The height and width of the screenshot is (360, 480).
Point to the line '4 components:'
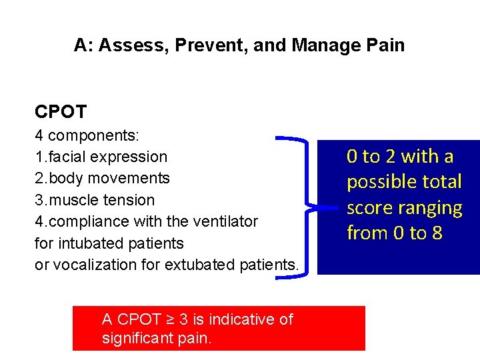pyautogui.click(x=87, y=135)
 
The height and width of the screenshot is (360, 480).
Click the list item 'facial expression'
pyautogui.click(x=107, y=157)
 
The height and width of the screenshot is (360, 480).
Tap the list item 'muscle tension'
pyautogui.click(x=100, y=200)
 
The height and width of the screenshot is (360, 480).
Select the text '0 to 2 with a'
pyautogui.click(x=399, y=157)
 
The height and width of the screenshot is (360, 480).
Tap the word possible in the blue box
pyautogui.click(x=379, y=182)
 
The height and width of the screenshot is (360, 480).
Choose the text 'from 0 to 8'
pyautogui.click(x=394, y=233)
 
